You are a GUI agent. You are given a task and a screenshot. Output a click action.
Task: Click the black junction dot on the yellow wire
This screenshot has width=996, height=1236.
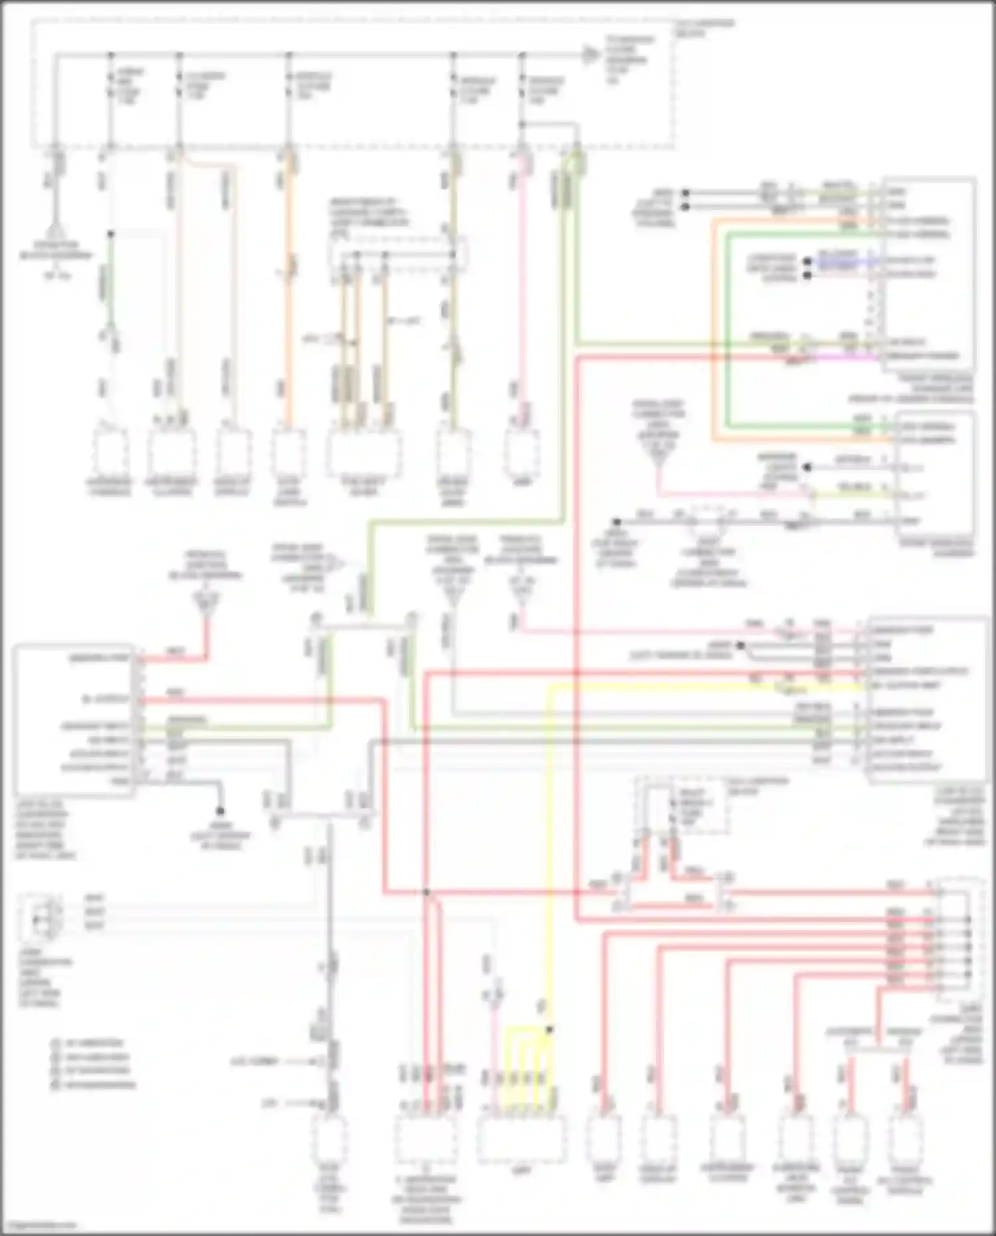point(550,1029)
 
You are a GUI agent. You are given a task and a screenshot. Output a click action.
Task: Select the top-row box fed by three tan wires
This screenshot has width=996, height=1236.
point(364,454)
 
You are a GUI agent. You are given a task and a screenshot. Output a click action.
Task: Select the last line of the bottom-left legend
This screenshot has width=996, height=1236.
point(100,1085)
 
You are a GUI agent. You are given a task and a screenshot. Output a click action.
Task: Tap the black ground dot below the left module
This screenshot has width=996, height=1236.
point(219,811)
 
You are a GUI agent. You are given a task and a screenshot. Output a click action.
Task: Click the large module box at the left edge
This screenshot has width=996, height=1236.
point(73,719)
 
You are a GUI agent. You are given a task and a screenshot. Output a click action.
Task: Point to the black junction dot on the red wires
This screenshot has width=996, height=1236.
point(427,892)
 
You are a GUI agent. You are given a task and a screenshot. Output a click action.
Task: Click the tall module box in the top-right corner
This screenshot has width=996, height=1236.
point(928,274)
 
